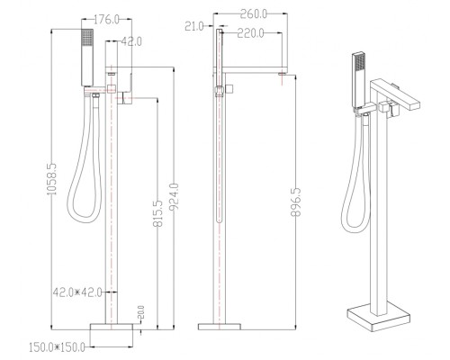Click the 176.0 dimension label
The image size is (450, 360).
(x=106, y=20)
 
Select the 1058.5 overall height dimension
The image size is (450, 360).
(x=52, y=179)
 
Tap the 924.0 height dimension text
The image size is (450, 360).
(x=174, y=197)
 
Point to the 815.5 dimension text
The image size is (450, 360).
(x=157, y=213)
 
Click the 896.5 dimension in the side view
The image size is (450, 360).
(x=296, y=202)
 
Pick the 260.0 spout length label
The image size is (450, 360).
(x=253, y=13)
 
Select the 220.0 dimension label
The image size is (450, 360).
(x=251, y=33)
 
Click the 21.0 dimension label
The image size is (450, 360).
(x=194, y=26)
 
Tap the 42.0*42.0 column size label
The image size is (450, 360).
(x=77, y=292)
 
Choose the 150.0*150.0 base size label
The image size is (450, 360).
(x=57, y=347)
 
